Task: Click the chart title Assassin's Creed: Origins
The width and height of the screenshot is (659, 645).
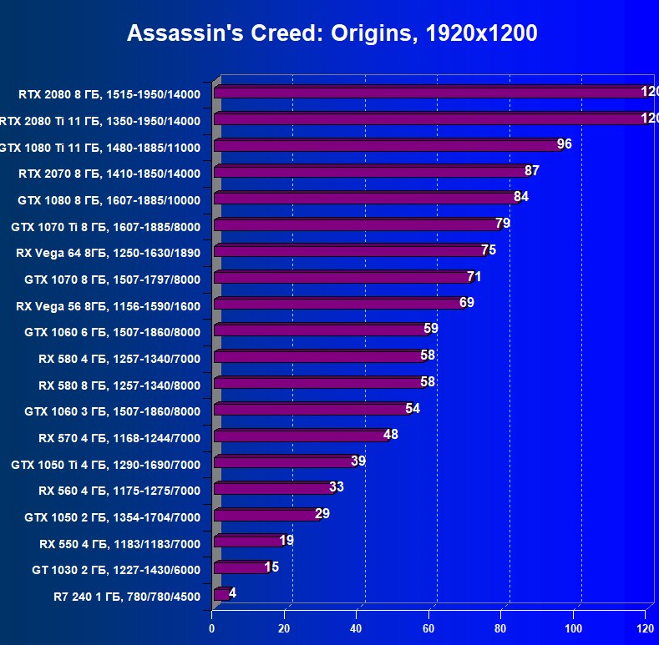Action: (332, 33)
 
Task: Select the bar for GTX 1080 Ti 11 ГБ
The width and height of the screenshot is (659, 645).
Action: (388, 145)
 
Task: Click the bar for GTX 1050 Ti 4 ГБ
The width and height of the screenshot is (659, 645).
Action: (285, 462)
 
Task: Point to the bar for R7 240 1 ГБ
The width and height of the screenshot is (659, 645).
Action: (221, 595)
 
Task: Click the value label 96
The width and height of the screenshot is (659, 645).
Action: (565, 144)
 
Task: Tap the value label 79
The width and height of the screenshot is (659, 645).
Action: (503, 223)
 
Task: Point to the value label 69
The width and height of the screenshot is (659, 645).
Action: (467, 302)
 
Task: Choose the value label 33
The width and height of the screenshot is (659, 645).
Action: (337, 486)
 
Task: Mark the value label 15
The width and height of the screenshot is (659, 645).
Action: (271, 567)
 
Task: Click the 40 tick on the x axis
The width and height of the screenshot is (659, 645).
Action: (357, 627)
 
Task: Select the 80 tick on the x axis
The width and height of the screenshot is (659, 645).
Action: (501, 627)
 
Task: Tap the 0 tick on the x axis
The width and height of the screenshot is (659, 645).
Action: (212, 627)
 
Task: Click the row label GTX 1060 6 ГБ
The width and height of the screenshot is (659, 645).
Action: (113, 331)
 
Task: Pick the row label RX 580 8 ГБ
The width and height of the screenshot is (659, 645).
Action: (119, 385)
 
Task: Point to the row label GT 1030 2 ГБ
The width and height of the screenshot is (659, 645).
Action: (116, 571)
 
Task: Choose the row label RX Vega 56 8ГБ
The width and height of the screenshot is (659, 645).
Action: (109, 305)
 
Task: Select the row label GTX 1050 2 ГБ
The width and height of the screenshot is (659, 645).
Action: (113, 517)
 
